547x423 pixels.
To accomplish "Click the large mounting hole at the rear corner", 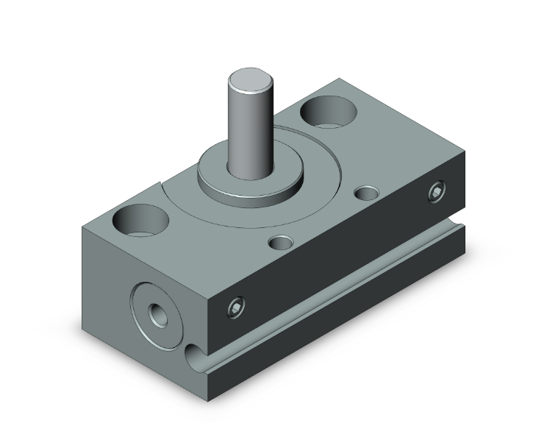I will [x=328, y=113].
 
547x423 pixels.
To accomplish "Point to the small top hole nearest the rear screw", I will [x=365, y=193].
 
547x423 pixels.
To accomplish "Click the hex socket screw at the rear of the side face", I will [x=437, y=193].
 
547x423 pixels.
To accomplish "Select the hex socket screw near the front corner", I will [x=235, y=309].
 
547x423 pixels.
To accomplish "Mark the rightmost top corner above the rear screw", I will [x=465, y=152].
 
